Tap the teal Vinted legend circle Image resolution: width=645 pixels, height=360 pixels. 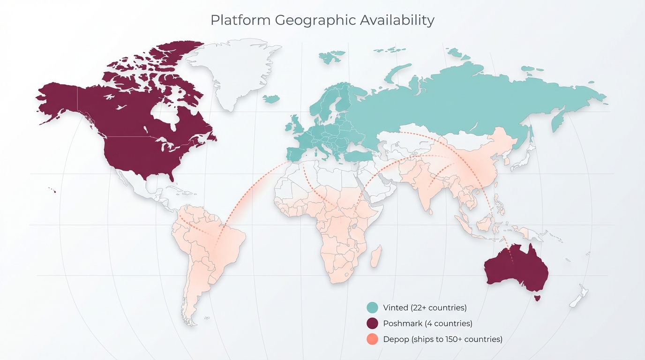(x=372, y=308)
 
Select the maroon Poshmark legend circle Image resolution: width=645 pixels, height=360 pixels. (x=372, y=323)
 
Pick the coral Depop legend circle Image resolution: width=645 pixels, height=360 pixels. (x=372, y=339)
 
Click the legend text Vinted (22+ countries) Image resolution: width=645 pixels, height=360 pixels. (x=425, y=308)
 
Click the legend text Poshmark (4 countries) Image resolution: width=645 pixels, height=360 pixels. (x=427, y=323)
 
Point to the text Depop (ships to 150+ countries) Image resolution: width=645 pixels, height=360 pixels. (x=442, y=339)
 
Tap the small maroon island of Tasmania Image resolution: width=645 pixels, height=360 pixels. (x=537, y=297)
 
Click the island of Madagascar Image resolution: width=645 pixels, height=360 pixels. (x=376, y=258)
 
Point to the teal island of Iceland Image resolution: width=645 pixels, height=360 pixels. (x=271, y=99)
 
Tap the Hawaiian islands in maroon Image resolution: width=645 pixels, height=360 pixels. (x=53, y=190)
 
